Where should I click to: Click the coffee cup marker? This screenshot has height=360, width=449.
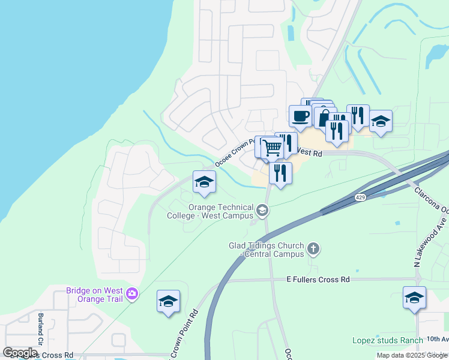[300, 116]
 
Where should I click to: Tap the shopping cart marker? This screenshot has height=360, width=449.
[272, 147]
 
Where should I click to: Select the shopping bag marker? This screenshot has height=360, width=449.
[324, 118]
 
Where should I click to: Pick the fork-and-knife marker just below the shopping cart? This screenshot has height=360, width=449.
[280, 173]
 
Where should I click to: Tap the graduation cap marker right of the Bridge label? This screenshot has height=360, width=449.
[168, 301]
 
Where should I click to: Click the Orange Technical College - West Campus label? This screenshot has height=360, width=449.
[218, 211]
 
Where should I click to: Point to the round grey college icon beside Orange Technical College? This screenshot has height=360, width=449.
[262, 210]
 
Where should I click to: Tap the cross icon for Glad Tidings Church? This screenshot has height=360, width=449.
[312, 248]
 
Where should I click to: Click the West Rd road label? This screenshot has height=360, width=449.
[310, 153]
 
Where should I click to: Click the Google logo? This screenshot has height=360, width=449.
[20, 353]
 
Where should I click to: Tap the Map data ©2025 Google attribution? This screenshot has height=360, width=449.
[411, 355]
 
